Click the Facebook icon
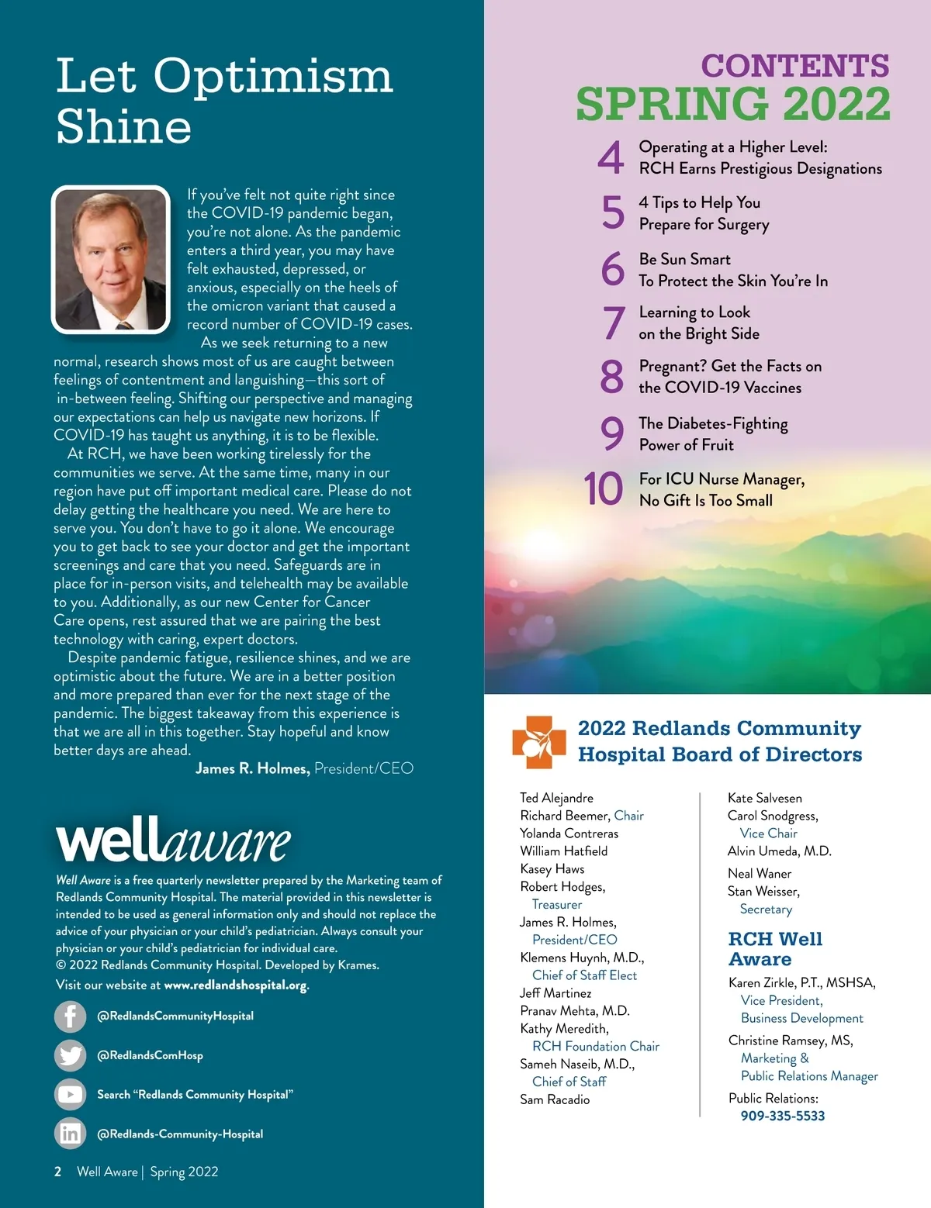(70, 1016)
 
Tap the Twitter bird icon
(70, 1055)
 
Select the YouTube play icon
(70, 1095)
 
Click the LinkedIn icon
(70, 1134)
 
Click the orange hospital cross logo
(538, 742)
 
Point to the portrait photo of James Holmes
(110, 260)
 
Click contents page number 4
(611, 157)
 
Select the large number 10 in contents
(604, 489)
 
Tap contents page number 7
(613, 323)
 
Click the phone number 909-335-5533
(782, 1116)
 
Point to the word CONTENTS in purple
(795, 66)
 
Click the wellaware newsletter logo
(173, 840)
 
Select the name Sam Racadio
(555, 1099)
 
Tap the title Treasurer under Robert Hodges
(556, 904)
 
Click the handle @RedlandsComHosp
(150, 1055)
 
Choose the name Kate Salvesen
(764, 798)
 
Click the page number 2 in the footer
(58, 1172)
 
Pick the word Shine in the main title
(124, 126)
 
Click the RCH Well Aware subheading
(774, 949)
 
